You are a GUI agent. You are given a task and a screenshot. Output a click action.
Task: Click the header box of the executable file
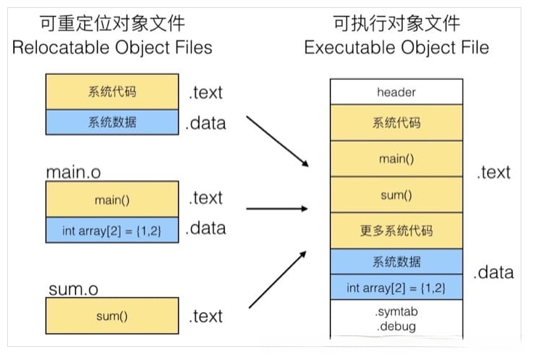[396, 92]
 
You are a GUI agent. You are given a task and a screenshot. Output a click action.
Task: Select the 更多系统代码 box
[396, 231]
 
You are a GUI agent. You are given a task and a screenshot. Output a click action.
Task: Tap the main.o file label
[73, 173]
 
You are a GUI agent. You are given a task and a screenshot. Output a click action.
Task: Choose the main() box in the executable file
[396, 158]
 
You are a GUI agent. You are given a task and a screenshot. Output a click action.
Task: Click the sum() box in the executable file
[396, 195]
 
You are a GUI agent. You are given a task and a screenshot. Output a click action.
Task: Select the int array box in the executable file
[396, 287]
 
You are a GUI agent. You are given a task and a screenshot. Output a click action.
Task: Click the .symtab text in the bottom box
[396, 311]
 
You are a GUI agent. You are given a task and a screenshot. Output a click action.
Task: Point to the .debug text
[396, 326]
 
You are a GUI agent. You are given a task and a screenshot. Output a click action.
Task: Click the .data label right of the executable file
[494, 273]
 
